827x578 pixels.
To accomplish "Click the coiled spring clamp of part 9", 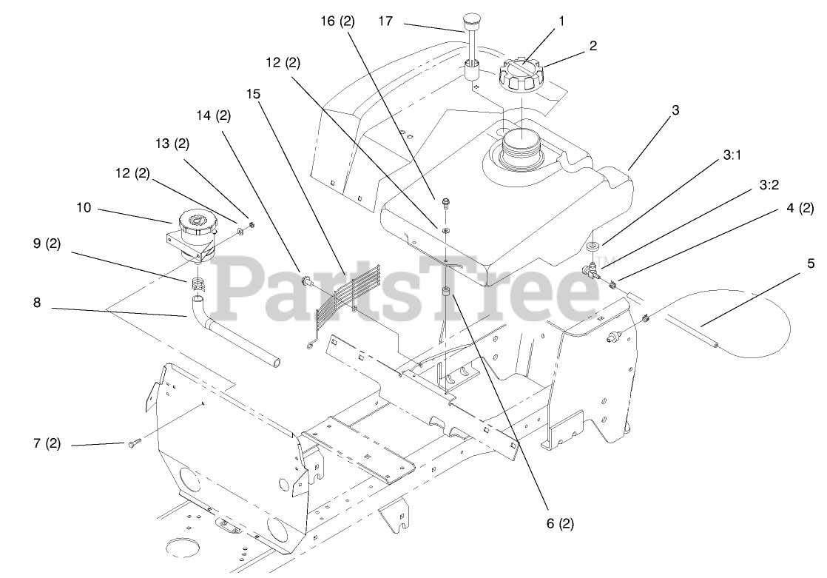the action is pyautogui.click(x=196, y=282).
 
